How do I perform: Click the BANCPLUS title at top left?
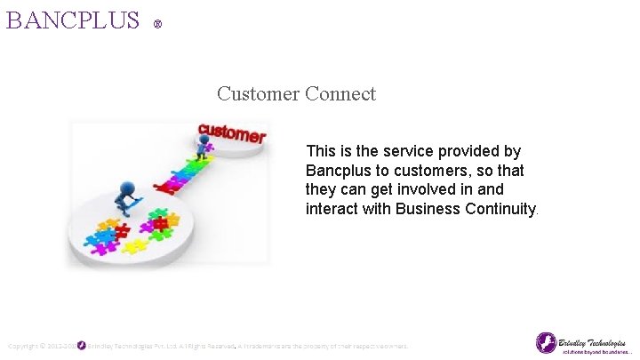click(73, 20)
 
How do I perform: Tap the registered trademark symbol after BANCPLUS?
click(157, 25)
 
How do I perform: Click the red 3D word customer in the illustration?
click(231, 133)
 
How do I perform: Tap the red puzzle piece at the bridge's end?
click(164, 188)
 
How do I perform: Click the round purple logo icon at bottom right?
click(546, 342)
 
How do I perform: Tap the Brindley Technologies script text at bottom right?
click(594, 340)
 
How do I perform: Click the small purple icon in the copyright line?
click(82, 345)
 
